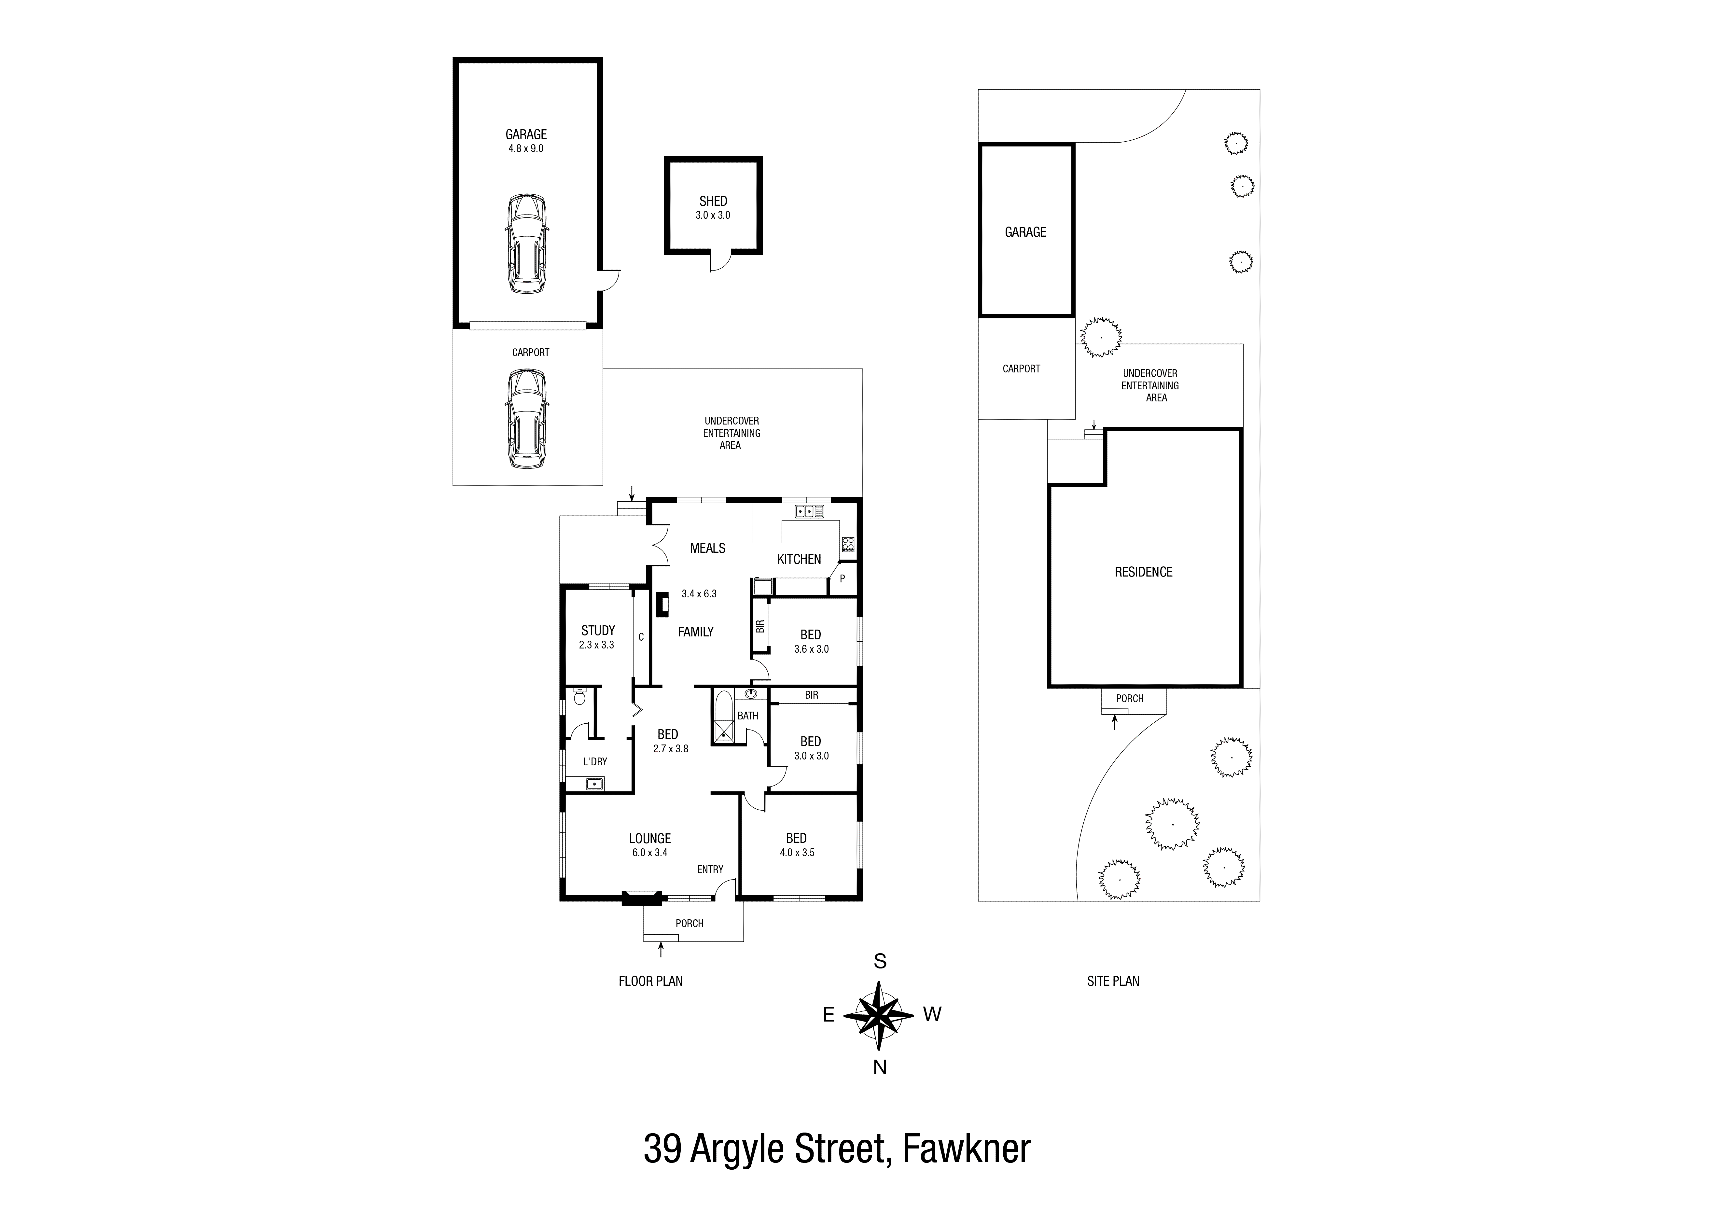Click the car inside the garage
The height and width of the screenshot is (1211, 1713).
527,244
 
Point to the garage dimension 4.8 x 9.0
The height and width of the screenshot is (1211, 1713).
526,148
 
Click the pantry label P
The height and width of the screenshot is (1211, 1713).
842,578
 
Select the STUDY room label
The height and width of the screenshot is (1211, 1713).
598,631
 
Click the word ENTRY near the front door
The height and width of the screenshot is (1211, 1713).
710,869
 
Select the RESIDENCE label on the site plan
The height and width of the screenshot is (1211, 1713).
1143,572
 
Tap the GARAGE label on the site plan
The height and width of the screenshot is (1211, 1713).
1025,232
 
